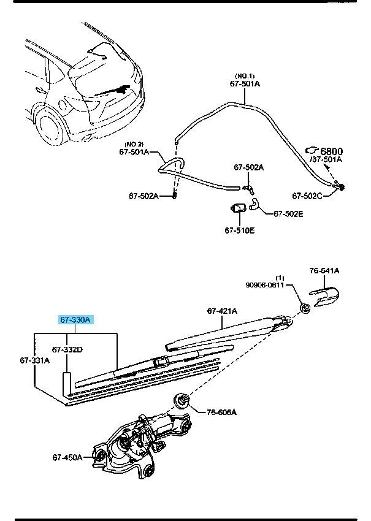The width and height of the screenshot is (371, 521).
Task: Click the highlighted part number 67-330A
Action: click(75, 320)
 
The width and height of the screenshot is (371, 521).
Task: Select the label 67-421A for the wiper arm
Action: click(222, 311)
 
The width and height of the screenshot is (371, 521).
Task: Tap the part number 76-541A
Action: click(324, 270)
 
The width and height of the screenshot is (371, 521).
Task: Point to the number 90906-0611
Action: click(266, 284)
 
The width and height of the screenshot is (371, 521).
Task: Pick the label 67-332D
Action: click(67, 349)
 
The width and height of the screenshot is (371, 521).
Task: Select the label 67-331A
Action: click(34, 360)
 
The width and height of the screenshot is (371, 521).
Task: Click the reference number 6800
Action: click(331, 151)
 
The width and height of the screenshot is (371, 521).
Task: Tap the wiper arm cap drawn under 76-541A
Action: click(323, 295)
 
